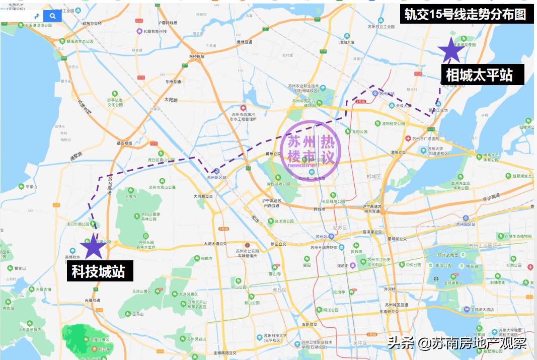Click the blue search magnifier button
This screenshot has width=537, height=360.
click(x=52, y=16)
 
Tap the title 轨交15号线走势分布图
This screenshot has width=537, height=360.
click(x=466, y=15)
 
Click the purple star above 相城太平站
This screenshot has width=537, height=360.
click(x=450, y=50)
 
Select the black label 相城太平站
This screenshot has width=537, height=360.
click(x=479, y=75)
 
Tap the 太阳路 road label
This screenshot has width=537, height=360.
click(x=171, y=100)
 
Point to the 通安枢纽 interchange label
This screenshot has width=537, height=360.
click(x=124, y=143)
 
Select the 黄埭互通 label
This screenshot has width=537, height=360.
click(x=245, y=42)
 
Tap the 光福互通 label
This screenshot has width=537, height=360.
click(x=93, y=301)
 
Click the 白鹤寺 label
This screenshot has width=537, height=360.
click(x=206, y=259)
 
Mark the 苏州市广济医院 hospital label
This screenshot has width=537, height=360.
click(x=425, y=139)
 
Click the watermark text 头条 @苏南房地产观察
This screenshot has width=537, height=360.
click(x=457, y=343)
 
